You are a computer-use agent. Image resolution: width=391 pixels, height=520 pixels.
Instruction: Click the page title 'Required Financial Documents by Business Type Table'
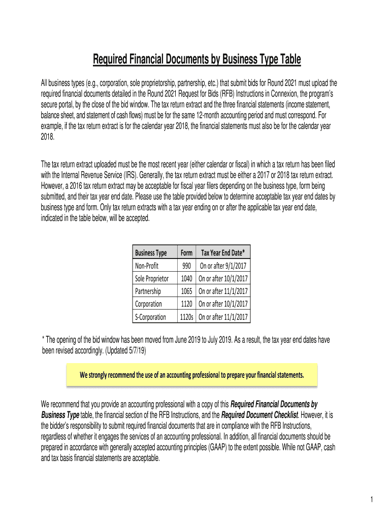pos(197,60)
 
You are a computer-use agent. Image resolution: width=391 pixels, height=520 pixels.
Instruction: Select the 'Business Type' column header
pos(150,253)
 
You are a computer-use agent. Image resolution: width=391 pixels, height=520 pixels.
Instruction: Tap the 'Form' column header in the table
pos(186,253)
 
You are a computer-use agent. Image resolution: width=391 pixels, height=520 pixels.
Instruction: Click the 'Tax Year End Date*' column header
pos(223,253)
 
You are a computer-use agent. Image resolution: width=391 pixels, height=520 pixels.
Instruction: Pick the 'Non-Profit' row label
pos(146,266)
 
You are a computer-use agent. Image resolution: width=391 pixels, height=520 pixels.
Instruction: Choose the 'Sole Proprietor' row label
pos(152,278)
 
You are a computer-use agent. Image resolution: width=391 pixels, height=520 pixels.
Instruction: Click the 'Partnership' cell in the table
pos(148,291)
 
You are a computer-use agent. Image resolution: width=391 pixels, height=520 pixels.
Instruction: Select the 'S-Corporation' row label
pos(150,317)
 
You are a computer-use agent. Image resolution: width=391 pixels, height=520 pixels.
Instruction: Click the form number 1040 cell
pos(186,278)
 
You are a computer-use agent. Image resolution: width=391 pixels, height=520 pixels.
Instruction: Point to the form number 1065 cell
pos(186,291)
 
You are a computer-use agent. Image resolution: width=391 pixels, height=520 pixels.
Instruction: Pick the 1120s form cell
pos(186,317)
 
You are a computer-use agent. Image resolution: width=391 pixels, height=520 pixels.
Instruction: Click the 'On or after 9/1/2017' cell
pos(223,266)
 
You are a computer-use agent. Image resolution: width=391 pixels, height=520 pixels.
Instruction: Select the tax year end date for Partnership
pos(223,291)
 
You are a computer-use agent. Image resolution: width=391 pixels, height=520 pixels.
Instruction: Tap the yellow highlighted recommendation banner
pos(192,375)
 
